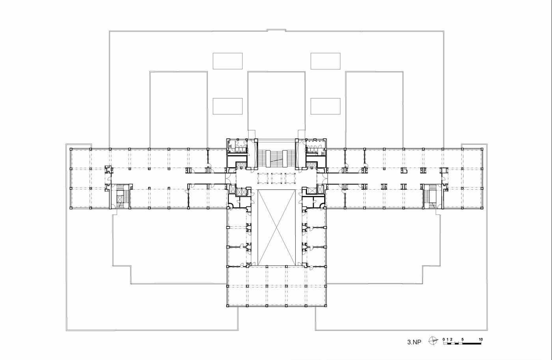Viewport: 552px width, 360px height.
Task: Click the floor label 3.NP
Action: click(414, 342)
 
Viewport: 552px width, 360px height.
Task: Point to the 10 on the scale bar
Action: click(481, 339)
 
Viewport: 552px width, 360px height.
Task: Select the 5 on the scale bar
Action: click(462, 339)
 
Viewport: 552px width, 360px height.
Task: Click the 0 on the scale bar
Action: click(444, 339)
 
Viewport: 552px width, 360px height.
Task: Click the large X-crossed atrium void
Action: click(276, 228)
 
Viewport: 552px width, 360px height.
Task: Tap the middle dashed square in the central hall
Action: click(276, 178)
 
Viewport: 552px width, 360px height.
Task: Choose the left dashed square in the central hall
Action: click(263, 178)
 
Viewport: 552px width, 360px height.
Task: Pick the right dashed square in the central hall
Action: click(290, 178)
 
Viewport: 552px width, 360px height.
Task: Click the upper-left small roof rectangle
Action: click(228, 61)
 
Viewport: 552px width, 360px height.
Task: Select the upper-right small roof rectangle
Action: click(325, 61)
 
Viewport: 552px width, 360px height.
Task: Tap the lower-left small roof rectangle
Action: click(228, 106)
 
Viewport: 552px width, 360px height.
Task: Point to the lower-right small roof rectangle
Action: click(325, 106)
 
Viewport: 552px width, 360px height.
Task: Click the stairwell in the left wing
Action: click(121, 196)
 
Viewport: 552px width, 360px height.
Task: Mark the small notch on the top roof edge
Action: click(276, 30)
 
